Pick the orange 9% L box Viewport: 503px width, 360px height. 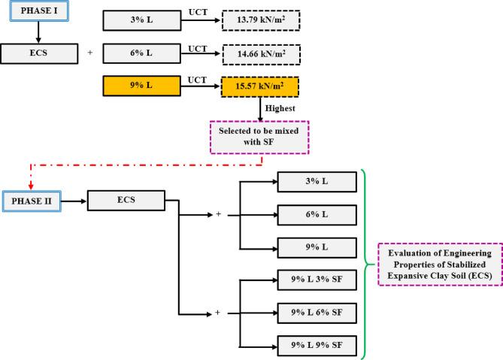click(141, 87)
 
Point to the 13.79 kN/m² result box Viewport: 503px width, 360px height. click(260, 20)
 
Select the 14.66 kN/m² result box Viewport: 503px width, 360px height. click(260, 53)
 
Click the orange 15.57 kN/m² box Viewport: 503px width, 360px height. click(260, 87)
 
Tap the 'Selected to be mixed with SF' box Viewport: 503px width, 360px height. click(260, 138)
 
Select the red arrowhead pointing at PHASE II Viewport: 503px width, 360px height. click(30, 187)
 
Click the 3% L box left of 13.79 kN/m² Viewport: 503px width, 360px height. click(141, 20)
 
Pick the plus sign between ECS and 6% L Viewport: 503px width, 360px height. click(90, 53)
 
